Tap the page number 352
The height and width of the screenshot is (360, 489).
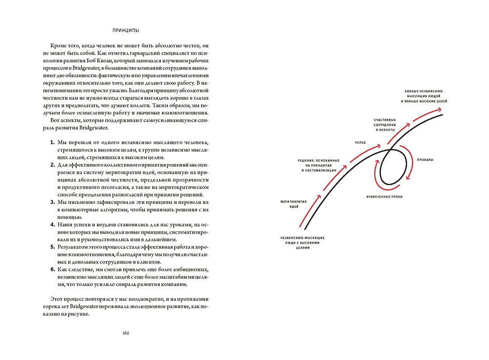[x=126, y=334]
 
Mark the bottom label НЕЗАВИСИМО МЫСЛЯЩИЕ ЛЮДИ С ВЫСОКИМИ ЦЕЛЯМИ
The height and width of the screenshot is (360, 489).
[x=302, y=243]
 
